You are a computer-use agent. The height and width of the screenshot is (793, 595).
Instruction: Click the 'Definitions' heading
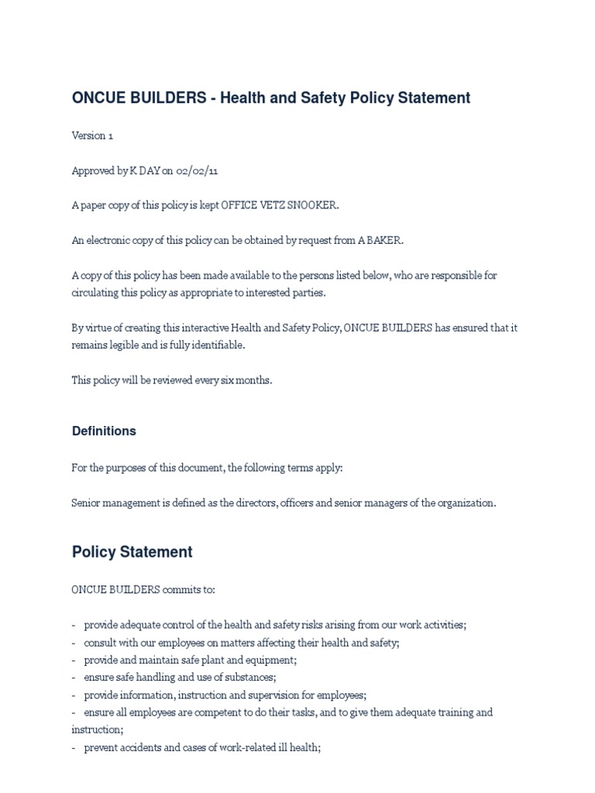point(104,431)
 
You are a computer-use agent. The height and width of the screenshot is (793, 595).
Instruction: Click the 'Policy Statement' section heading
point(132,552)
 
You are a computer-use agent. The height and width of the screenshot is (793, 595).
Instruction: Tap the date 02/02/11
point(186,170)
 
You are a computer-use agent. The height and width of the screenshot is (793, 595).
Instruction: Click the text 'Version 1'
point(92,136)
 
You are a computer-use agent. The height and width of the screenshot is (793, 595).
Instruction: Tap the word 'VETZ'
point(267,205)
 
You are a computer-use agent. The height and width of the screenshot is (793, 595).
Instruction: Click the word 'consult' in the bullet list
point(102,642)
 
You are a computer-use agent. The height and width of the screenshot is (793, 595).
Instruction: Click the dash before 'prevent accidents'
point(74,747)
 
